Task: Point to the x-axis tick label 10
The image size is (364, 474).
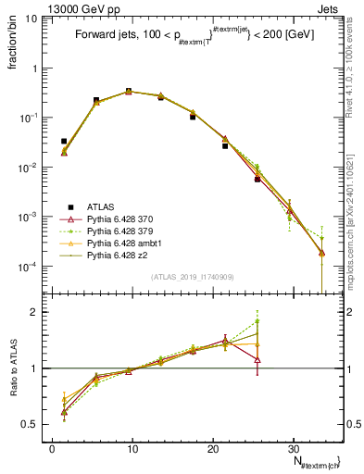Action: point(132,448)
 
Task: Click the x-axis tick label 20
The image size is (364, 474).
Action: point(213,448)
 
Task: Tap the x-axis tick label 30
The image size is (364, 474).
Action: point(293,448)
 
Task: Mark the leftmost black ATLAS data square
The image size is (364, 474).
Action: point(64,142)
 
